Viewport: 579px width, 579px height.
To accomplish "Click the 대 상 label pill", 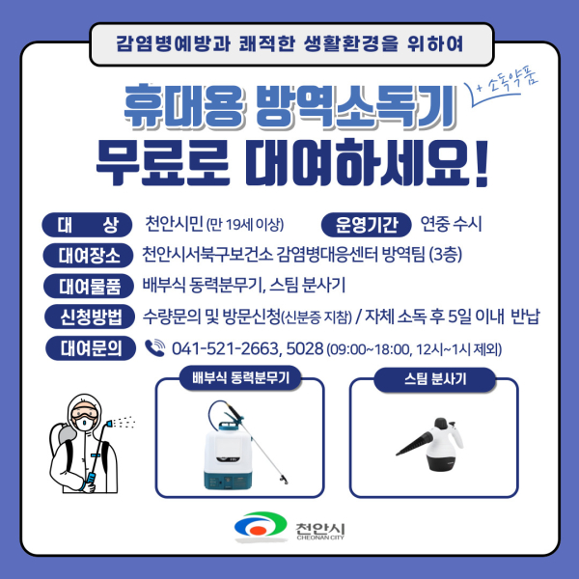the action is pos(87,225).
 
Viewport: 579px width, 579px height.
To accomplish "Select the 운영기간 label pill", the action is pos(366,225).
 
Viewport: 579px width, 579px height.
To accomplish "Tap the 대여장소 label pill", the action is pos(88,256).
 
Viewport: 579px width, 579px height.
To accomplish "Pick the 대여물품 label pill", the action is pos(89,287).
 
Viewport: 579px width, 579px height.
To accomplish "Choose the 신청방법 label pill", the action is pos(90,317).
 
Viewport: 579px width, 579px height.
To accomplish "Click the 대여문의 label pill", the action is pos(91,348).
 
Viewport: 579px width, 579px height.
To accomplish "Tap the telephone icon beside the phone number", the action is pos(155,347).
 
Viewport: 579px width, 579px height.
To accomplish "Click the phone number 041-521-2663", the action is pos(225,349).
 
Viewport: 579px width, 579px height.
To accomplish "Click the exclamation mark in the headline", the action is pos(481,163).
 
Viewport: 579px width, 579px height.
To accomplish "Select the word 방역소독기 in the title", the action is pos(355,107).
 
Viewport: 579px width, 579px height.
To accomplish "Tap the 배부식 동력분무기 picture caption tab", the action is pos(240,378).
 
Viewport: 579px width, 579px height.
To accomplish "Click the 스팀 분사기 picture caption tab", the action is pos(434,379).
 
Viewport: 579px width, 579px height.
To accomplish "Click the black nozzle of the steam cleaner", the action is pos(414,444).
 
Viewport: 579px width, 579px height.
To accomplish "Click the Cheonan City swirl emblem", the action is pos(261,526).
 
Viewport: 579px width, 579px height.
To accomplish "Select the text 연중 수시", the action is pos(452,224).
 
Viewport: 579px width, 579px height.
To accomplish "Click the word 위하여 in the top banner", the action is pos(434,44).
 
